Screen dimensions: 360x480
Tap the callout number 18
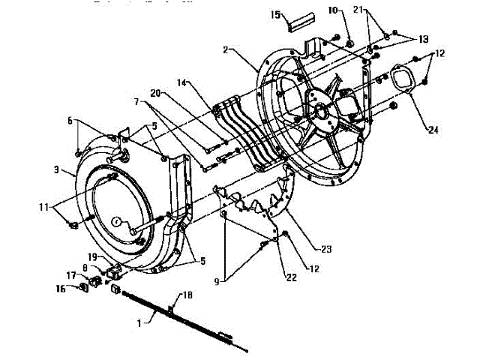[187, 297]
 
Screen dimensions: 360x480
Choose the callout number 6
[70, 120]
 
